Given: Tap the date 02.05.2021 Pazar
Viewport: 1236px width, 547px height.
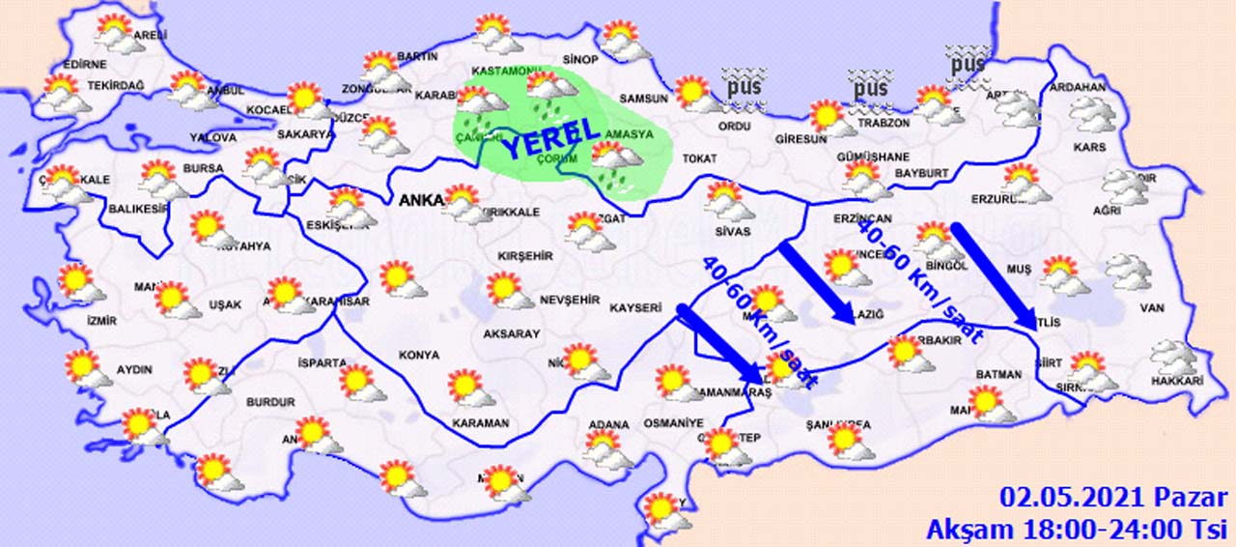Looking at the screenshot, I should (1113, 499).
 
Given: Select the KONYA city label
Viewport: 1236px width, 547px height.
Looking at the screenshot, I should (418, 355).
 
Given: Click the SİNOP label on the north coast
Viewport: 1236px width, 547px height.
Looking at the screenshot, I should (581, 60).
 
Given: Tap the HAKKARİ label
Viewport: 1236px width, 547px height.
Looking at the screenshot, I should (1177, 382).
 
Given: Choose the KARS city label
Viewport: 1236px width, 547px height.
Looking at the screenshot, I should (1090, 148).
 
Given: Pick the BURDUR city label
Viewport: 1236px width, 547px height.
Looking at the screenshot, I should (270, 401).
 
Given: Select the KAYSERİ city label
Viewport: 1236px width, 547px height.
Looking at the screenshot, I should (633, 308).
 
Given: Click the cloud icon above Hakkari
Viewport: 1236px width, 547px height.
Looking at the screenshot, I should (1172, 356).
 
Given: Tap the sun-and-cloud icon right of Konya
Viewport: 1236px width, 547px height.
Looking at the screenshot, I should (471, 387).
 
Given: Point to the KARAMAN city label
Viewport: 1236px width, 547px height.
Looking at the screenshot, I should (480, 423).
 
